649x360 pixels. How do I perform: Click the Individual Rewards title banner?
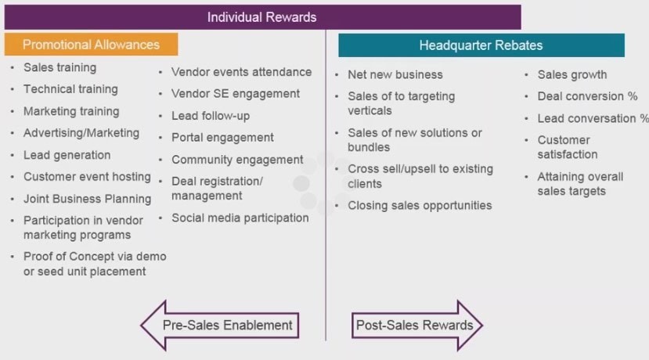261,16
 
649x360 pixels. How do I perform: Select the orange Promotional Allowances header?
91,45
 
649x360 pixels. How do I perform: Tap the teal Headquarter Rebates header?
481,45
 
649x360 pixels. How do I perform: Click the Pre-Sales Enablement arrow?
221,325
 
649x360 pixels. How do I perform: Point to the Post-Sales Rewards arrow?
415,325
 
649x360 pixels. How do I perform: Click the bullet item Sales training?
59,67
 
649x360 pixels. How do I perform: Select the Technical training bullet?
70,89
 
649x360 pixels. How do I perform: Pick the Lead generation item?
67,155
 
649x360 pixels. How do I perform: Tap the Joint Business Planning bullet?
87,199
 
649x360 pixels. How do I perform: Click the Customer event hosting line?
87,177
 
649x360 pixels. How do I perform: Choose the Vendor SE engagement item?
236,94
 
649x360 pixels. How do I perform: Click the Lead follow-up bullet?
211,116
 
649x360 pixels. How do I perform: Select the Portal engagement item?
222,138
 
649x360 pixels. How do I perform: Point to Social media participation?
240,218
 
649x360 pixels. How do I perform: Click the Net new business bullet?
395,75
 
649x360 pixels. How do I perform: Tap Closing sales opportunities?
420,206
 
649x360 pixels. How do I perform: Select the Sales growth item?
571,75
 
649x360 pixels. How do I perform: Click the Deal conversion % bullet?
587,96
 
